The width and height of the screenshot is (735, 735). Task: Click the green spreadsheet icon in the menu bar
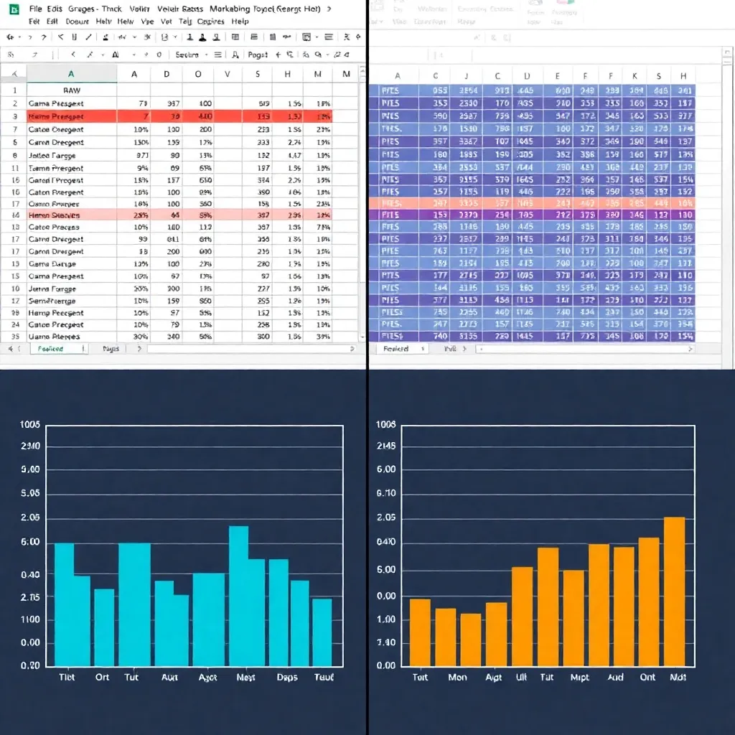pos(14,9)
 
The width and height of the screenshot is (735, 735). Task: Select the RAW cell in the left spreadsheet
pos(72,90)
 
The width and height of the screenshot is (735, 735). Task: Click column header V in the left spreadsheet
pos(228,73)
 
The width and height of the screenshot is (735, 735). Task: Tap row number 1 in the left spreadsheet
pos(14,90)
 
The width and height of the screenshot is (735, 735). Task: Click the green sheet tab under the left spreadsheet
pos(50,349)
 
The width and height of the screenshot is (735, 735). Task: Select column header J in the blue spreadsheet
pos(467,76)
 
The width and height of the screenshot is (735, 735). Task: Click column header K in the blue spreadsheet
pos(635,76)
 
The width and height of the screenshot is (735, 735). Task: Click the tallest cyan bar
pos(238,596)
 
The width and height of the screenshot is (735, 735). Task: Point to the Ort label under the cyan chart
pos(103,677)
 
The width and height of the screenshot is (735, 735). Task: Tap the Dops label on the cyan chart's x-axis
pos(287,677)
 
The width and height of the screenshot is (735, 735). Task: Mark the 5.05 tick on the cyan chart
pos(30,494)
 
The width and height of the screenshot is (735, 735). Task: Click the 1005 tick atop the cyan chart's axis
pos(30,425)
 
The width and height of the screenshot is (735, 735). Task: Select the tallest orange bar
pos(675,591)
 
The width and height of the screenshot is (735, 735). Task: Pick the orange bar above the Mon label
pos(446,637)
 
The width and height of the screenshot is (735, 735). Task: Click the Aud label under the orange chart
pos(615,677)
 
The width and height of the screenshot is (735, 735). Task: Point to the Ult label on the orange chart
pos(522,677)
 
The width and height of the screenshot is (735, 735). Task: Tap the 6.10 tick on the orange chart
pos(386,494)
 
